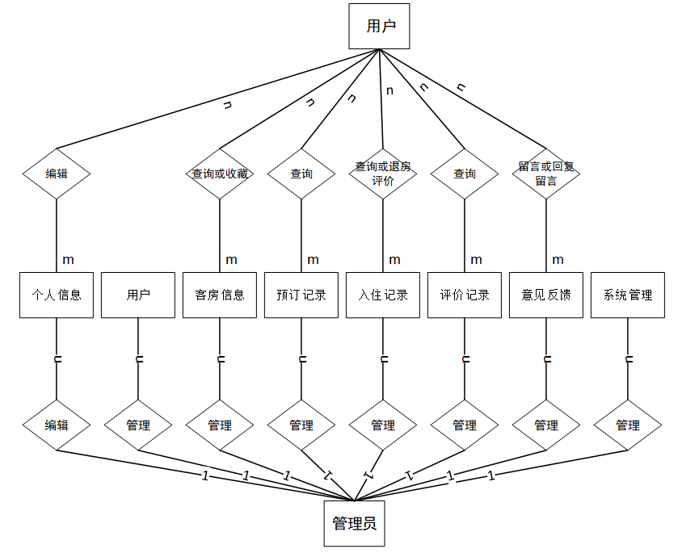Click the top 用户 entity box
coord(380,27)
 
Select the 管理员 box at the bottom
coord(354,523)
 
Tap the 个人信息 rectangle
coord(57,295)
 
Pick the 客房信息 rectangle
coord(220,295)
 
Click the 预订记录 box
coord(301,295)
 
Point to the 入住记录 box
coord(383,295)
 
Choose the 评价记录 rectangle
coord(465,295)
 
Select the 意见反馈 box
coord(546,295)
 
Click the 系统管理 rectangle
coord(628,295)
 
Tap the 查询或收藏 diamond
coord(220,174)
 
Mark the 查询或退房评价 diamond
coord(383,174)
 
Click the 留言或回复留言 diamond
coord(546,174)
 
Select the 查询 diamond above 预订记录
coord(301,174)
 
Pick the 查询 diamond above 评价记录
coord(465,174)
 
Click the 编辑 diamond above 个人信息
coord(57,174)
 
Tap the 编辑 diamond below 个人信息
coord(57,425)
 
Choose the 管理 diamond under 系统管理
coord(628,425)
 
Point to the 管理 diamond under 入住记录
coord(383,425)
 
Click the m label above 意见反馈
coord(558,260)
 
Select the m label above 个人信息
coord(68,260)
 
